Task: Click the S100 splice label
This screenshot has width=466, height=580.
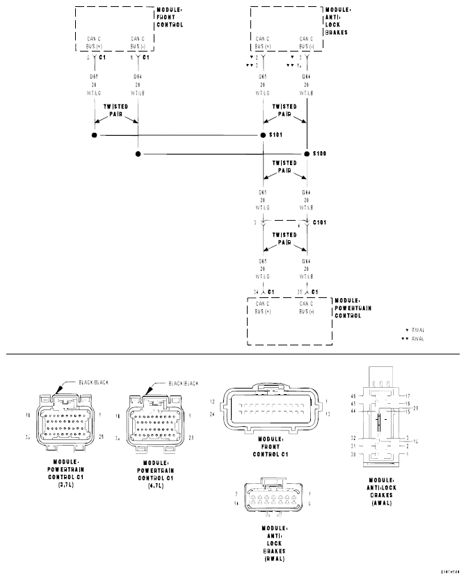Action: (x=320, y=152)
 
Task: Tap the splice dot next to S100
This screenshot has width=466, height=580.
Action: (x=306, y=153)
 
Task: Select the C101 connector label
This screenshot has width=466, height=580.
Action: (x=321, y=223)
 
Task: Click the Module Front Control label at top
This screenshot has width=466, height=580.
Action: (x=170, y=18)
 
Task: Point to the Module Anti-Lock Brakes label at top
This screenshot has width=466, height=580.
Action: (x=337, y=21)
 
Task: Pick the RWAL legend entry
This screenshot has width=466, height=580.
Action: (x=417, y=330)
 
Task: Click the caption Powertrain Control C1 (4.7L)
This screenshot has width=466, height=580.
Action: (x=158, y=473)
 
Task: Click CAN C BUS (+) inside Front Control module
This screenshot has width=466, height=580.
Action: (x=95, y=42)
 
